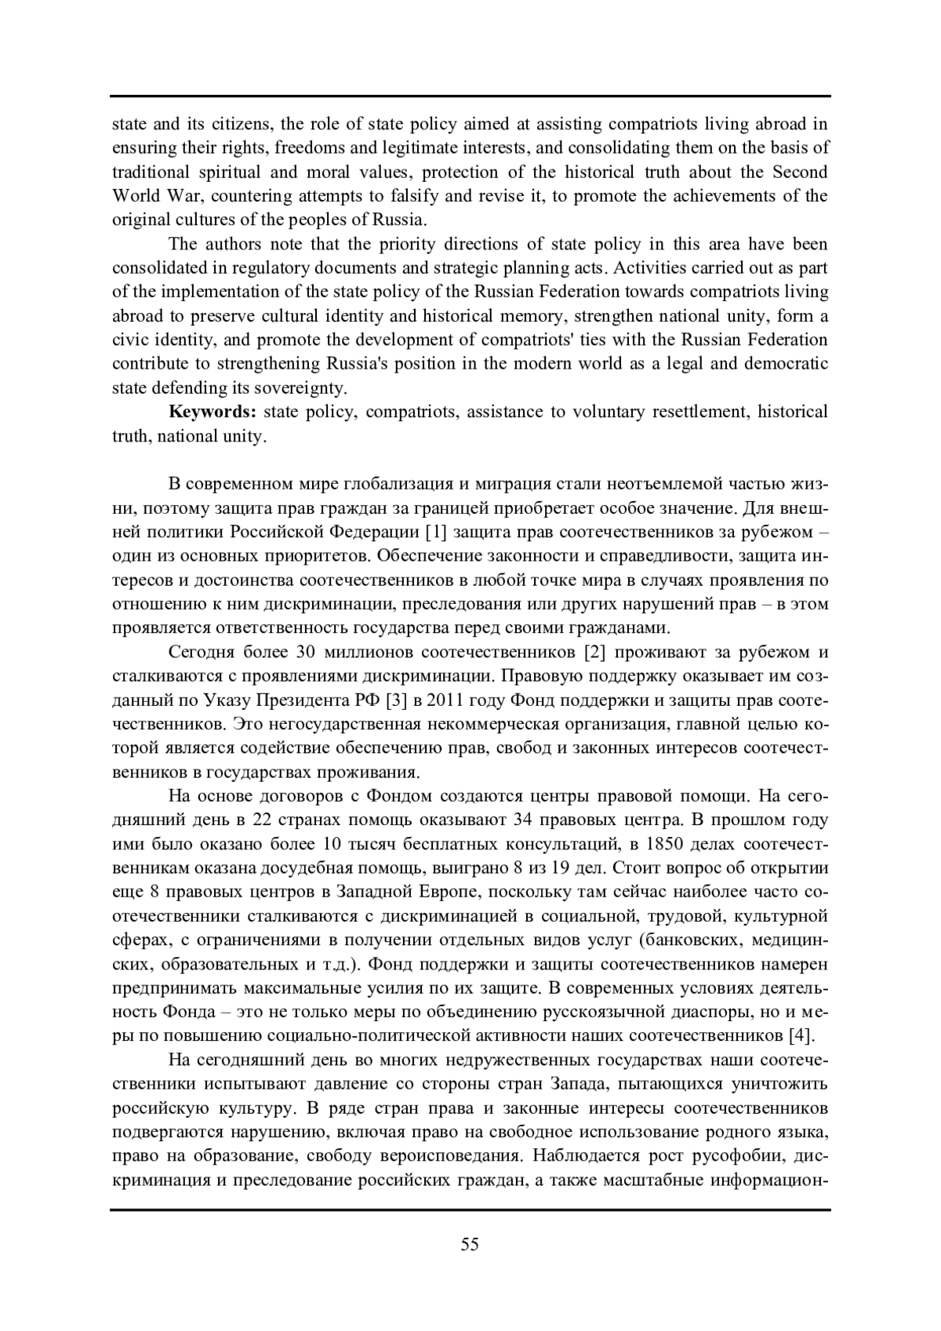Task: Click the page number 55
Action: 470,1244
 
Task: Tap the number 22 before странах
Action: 267,820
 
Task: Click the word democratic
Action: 785,364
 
